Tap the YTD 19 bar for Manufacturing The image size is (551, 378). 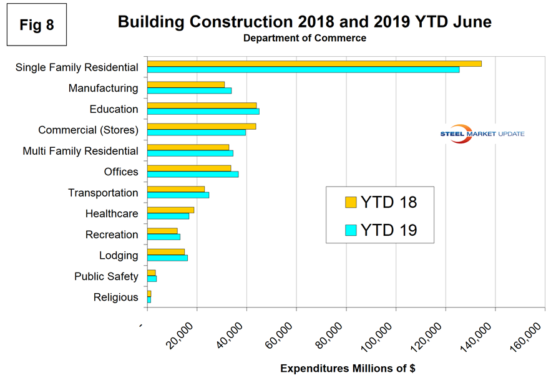[189, 90]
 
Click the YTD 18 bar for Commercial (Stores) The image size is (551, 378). [202, 127]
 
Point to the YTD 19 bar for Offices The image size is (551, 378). [193, 174]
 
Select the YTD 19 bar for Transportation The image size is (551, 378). [178, 195]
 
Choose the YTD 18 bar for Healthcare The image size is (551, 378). [170, 210]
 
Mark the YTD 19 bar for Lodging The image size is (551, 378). [167, 258]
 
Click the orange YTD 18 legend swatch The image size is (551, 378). [351, 202]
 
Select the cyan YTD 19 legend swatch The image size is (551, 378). [351, 230]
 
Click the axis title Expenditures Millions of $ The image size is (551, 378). [348, 369]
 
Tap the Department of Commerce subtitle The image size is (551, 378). [305, 38]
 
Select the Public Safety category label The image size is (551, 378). [106, 276]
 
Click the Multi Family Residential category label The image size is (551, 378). [80, 151]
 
